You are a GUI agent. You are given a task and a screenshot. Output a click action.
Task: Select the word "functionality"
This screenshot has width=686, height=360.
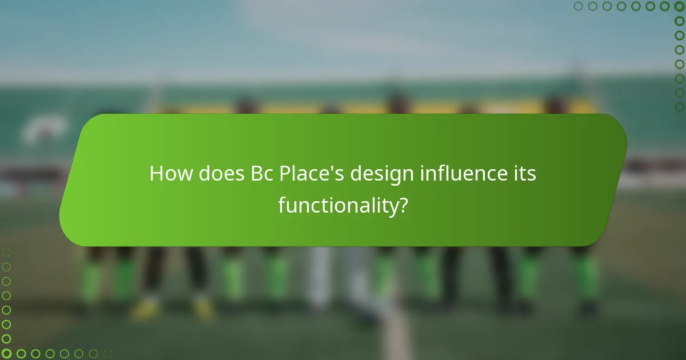pyautogui.click(x=337, y=205)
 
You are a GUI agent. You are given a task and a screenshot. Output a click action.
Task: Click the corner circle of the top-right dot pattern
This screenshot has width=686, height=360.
pyautogui.click(x=679, y=6)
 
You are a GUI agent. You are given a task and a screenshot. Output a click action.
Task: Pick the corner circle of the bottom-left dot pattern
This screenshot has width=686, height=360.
pyautogui.click(x=6, y=354)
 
